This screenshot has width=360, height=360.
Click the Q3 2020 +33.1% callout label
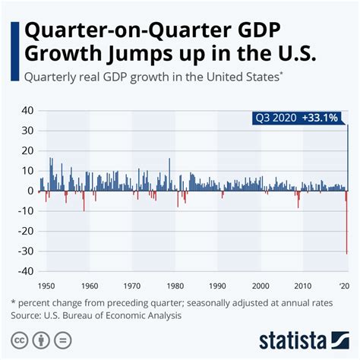click(x=298, y=118)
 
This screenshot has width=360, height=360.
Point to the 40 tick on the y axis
click(x=26, y=110)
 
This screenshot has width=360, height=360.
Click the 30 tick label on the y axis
click(x=26, y=131)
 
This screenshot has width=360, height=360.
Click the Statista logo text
click(x=292, y=338)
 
